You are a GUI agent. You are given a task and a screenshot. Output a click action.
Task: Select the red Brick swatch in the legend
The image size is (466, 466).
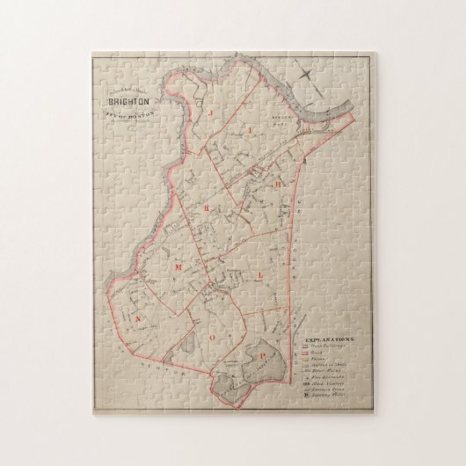[304, 354]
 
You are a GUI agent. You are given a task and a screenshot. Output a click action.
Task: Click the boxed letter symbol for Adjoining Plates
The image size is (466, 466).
[304, 397]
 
